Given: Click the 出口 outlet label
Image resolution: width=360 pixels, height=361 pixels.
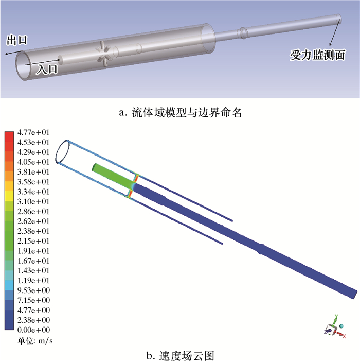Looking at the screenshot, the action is pyautogui.click(x=17, y=40).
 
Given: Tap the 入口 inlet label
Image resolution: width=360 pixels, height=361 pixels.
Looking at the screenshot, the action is pyautogui.click(x=47, y=69).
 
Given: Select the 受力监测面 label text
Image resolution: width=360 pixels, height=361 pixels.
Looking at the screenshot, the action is pyautogui.click(x=317, y=55).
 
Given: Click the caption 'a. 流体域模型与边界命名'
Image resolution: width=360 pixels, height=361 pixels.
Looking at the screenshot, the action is pyautogui.click(x=180, y=113).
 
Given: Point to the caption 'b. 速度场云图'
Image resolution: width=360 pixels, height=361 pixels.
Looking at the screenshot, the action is pyautogui.click(x=180, y=356).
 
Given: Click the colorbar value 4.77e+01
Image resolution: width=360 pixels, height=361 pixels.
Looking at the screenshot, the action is pyautogui.click(x=33, y=132).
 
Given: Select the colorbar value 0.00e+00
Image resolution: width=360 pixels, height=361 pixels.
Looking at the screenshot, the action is pyautogui.click(x=33, y=330).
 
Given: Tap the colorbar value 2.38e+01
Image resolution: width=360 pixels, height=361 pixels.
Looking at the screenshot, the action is pyautogui.click(x=33, y=231).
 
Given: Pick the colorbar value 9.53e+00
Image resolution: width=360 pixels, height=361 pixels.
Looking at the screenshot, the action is pyautogui.click(x=33, y=290).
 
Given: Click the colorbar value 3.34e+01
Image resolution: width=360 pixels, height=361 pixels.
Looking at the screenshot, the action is pyautogui.click(x=33, y=192).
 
